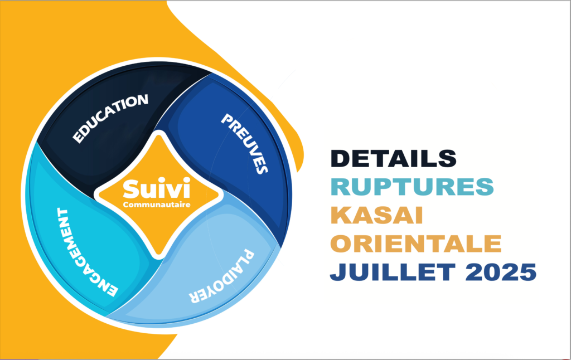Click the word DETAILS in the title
click(x=393, y=158)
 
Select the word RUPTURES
click(x=412, y=186)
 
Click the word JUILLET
click(x=393, y=271)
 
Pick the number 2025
click(x=501, y=271)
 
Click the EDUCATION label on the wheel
click(x=110, y=118)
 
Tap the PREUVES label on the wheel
click(x=245, y=143)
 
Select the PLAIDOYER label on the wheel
click(x=221, y=276)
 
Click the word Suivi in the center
click(x=157, y=188)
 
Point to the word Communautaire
click(x=157, y=205)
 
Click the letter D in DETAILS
click(x=340, y=159)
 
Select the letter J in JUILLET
click(x=336, y=272)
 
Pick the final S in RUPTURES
click(x=485, y=186)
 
